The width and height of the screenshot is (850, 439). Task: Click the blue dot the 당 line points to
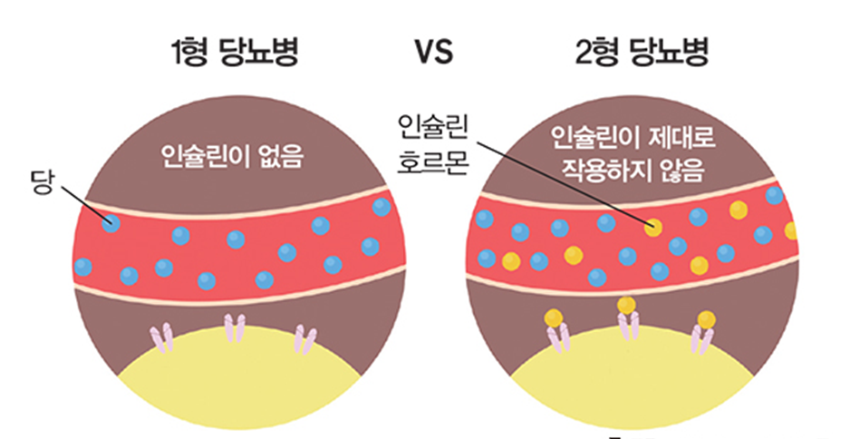[x=111, y=222]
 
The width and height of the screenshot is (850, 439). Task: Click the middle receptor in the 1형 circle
[x=235, y=327]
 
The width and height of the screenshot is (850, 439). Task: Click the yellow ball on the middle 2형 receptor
[x=626, y=305]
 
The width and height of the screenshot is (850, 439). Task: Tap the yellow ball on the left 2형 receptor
[x=554, y=317]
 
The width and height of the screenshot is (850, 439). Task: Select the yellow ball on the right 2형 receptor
[x=706, y=319]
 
